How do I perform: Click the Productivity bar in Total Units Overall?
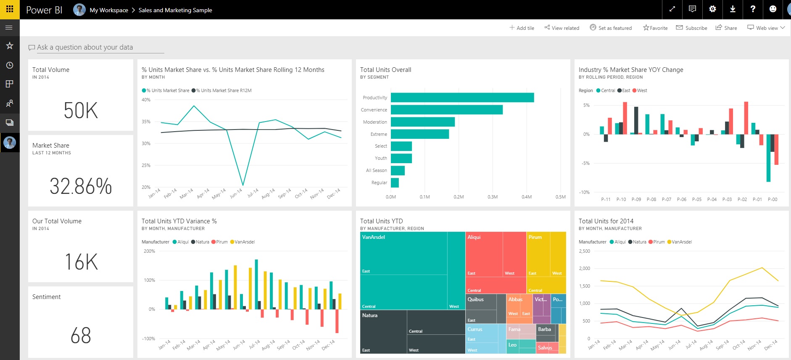462,98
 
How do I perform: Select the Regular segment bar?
395,183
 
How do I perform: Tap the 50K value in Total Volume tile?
81,111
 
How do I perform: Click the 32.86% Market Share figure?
81,186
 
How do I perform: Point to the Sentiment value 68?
81,336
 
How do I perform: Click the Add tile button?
522,28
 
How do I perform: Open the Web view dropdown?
766,28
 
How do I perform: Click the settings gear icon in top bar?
712,9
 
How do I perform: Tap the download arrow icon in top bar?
733,9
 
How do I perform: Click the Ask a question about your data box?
96,48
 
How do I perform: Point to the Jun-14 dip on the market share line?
243,184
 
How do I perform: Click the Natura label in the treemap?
370,315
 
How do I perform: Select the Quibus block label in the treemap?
476,299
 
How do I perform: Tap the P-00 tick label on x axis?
773,199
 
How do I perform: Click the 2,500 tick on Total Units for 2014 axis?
584,251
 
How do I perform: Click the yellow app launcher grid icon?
10,9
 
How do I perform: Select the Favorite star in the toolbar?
655,28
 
